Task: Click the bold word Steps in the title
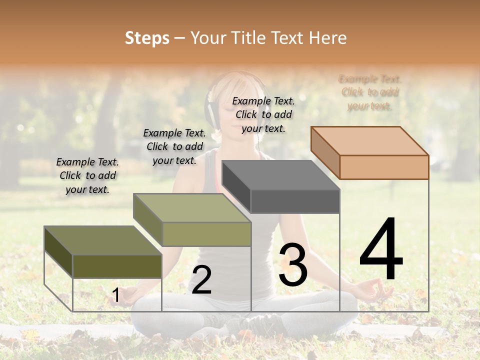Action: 147,38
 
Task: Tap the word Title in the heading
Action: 248,38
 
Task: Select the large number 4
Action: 381,250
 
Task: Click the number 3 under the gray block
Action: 292,264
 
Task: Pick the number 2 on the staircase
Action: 201,280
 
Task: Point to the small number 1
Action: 115,295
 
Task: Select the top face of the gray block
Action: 280,175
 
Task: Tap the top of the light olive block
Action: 192,208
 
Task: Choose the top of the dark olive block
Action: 103,240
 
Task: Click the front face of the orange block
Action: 384,167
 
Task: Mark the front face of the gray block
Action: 295,201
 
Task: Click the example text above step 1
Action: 87,175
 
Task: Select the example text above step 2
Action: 174,146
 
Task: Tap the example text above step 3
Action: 263,114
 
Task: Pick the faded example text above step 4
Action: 370,92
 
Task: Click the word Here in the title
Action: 328,38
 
